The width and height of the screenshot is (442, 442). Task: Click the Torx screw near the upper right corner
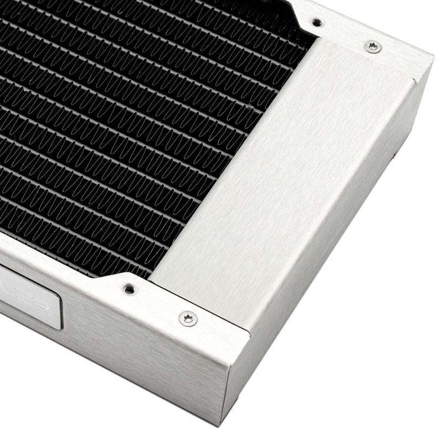pyautogui.click(x=373, y=47)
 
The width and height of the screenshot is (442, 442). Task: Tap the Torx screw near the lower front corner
pyautogui.click(x=188, y=318)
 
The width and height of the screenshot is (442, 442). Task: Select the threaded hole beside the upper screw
pyautogui.click(x=317, y=22)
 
